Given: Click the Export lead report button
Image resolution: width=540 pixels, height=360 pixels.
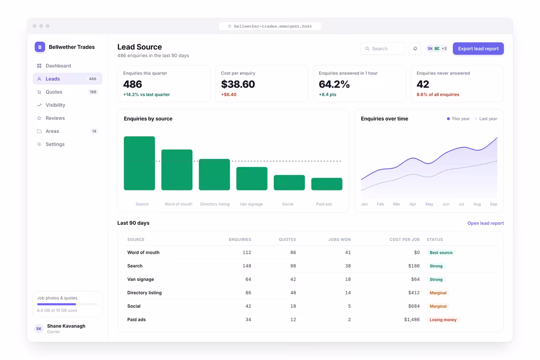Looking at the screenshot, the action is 478,49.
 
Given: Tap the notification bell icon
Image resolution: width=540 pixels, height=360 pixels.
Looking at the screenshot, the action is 415,49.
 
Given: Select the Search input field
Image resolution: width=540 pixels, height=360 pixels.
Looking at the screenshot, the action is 382,49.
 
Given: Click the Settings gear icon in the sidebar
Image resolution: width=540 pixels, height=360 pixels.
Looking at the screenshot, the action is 39,144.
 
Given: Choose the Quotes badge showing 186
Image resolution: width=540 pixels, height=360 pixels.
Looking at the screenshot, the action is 93,92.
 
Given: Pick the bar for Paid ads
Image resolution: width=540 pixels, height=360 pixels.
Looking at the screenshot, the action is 327,184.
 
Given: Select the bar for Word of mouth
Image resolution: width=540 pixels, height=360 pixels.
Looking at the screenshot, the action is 177,170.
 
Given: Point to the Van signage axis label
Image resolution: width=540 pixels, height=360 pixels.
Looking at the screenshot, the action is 251,204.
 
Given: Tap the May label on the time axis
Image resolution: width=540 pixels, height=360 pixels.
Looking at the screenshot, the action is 429,204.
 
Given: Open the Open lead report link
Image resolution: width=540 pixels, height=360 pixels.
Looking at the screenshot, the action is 485,223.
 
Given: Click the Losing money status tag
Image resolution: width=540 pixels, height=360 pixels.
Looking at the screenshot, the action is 443,319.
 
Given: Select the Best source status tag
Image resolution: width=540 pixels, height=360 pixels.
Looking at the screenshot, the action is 441,252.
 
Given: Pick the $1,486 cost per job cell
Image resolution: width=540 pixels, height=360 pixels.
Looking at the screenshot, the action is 412,319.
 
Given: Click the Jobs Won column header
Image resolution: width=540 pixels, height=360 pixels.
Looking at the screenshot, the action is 339,239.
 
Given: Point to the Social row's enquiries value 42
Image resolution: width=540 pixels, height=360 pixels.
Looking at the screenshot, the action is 248,306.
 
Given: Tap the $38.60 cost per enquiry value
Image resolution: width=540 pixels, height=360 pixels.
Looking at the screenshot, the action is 238,84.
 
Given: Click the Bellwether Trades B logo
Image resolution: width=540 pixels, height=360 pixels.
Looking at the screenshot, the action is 40,47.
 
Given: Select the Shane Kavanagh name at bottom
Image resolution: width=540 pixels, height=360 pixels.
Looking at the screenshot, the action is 66,326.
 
